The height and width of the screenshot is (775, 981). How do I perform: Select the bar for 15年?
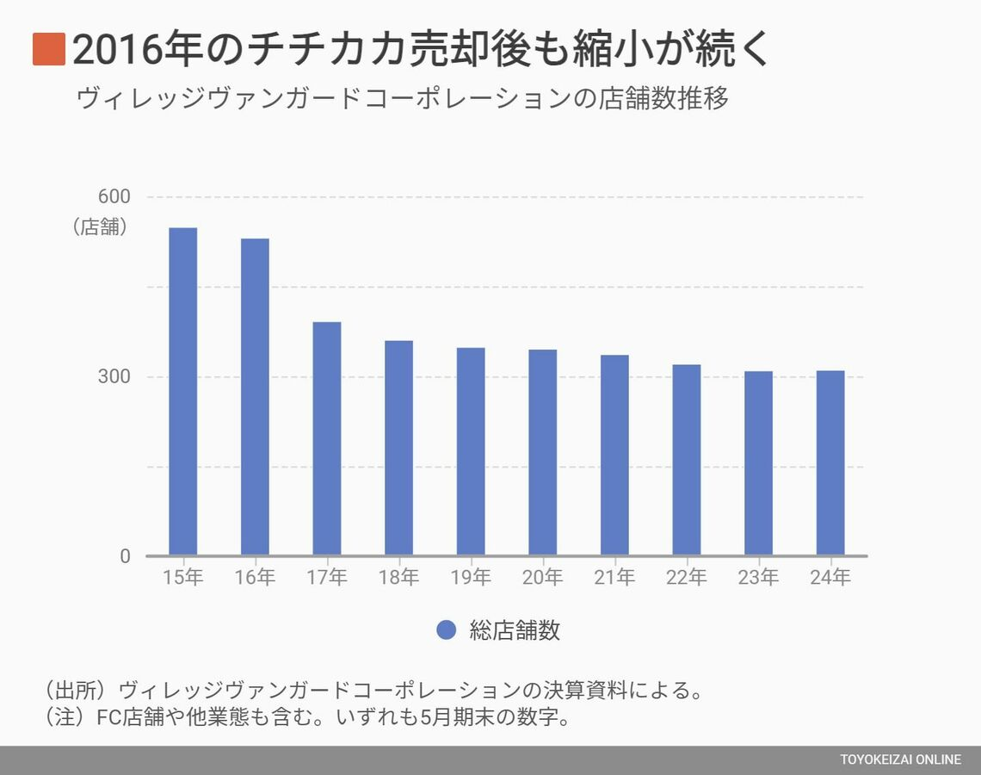click(x=182, y=391)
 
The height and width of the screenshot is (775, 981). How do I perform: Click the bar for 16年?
click(x=255, y=396)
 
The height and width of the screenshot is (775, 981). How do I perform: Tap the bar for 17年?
click(x=327, y=438)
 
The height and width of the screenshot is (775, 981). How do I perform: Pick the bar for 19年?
click(x=471, y=451)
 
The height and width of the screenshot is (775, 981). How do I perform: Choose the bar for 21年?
click(x=614, y=455)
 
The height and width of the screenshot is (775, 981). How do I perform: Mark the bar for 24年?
click(x=830, y=462)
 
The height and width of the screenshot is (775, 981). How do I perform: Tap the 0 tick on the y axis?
click(x=126, y=556)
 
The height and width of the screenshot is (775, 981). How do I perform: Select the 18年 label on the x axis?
click(x=398, y=578)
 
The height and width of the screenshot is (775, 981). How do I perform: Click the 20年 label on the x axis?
click(x=542, y=578)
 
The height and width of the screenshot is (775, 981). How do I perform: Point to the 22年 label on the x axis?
click(x=686, y=578)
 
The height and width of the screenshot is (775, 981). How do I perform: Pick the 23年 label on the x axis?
click(x=758, y=578)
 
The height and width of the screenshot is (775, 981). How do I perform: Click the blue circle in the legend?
click(x=446, y=630)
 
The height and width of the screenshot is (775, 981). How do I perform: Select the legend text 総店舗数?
click(x=515, y=630)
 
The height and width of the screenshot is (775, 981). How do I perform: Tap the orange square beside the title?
click(x=49, y=49)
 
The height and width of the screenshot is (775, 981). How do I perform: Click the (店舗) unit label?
click(x=100, y=227)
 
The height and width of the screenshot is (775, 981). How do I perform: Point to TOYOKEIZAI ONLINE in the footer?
click(x=901, y=759)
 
